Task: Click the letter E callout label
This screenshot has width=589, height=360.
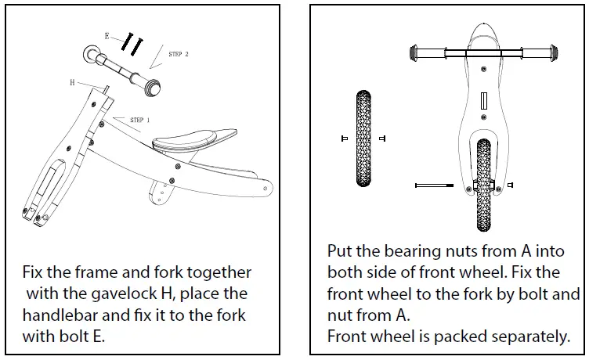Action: [x=107, y=36]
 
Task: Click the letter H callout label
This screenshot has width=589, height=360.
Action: [x=72, y=82]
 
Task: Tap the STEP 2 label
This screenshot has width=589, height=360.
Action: [x=179, y=54]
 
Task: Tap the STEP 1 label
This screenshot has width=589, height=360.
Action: [x=140, y=121]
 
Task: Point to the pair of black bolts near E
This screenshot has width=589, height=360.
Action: [x=132, y=45]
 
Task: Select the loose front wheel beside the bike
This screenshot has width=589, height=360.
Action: [x=363, y=139]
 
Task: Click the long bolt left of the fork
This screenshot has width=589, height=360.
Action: [x=434, y=185]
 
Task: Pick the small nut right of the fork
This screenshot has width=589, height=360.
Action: [x=511, y=185]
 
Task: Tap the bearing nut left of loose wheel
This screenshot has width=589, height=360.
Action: [x=344, y=139]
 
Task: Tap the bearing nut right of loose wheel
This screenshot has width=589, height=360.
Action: [x=381, y=139]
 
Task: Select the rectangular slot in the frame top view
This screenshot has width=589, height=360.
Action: [x=484, y=102]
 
